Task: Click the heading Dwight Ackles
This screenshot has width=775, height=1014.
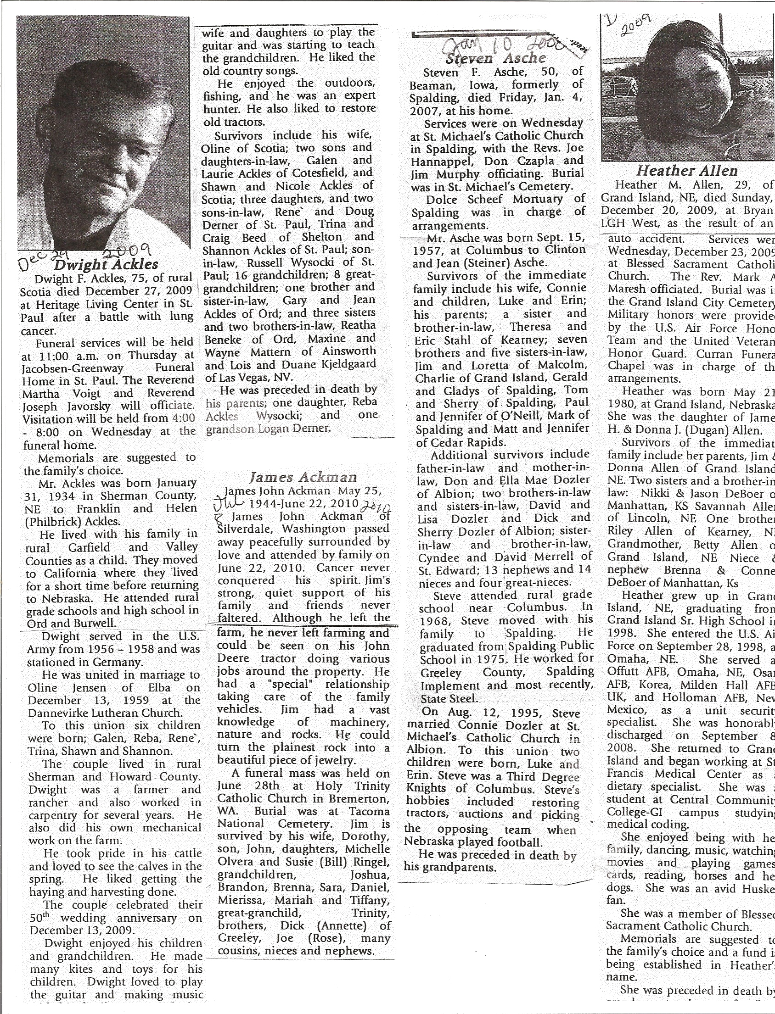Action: pos(106,265)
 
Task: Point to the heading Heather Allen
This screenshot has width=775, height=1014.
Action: pos(686,172)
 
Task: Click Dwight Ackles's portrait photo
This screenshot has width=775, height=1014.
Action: pos(103,134)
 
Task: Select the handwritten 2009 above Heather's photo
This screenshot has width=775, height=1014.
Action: pos(637,28)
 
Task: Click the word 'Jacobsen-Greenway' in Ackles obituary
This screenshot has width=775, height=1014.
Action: pos(76,368)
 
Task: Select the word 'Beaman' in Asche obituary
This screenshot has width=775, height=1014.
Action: pos(432,85)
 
